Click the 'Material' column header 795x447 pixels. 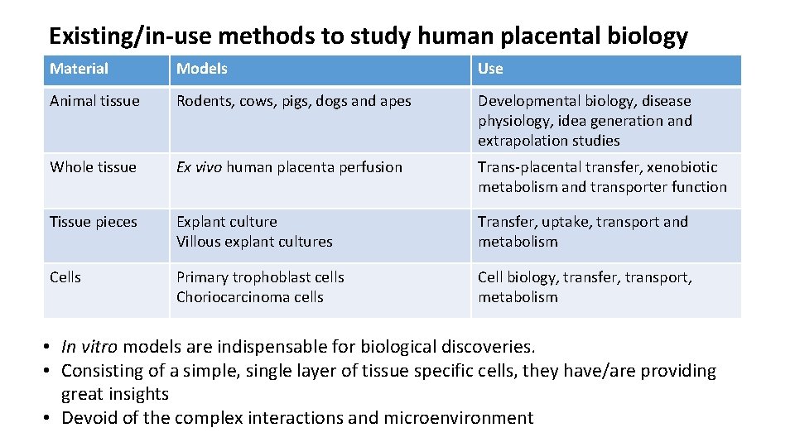(79, 69)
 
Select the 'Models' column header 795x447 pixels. (202, 69)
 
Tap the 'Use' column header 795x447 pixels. (490, 69)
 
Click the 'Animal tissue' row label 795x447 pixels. (94, 101)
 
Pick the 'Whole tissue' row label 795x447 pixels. (93, 167)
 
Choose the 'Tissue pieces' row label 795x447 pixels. (94, 222)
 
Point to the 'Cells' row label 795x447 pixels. (65, 277)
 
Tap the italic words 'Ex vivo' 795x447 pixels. (199, 167)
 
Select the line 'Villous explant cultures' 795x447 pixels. (254, 242)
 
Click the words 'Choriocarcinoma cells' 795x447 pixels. (250, 297)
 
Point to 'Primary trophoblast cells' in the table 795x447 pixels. (260, 277)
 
